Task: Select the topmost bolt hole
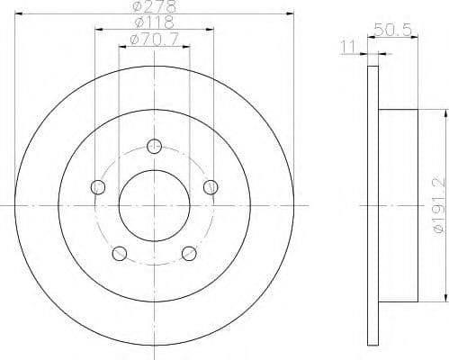coord(155,146)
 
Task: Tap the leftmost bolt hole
coord(98,187)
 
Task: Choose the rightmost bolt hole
coord(211,187)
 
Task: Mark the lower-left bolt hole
coord(120,253)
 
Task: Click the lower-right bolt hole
coord(190,253)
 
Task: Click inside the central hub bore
coord(155,205)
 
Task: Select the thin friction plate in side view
coord(374,205)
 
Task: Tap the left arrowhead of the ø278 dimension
coord(18,14)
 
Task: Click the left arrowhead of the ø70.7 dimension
coord(122,45)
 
